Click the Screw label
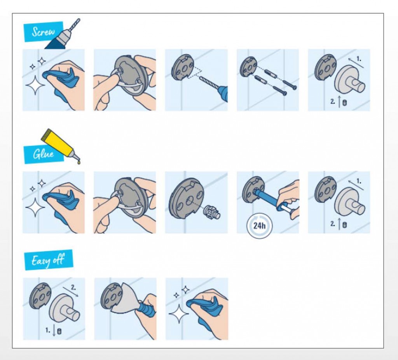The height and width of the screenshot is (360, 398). pyautogui.click(x=44, y=32)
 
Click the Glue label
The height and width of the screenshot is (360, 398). pyautogui.click(x=44, y=154)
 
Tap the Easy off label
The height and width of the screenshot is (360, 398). pyautogui.click(x=49, y=260)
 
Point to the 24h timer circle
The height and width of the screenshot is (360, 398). pyautogui.click(x=259, y=226)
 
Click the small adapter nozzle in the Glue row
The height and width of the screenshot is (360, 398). pyautogui.click(x=212, y=211)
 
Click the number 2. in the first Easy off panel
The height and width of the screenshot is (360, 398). pyautogui.click(x=73, y=287)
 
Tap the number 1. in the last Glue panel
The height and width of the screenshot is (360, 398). pyautogui.click(x=359, y=181)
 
